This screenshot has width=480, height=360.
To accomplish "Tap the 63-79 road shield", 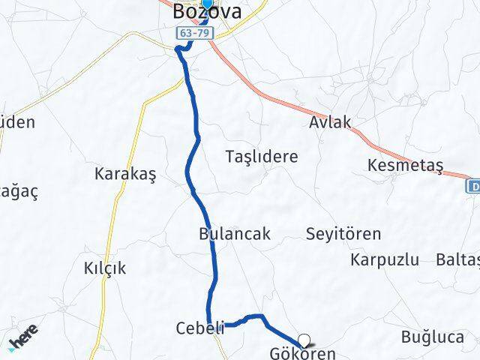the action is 195,34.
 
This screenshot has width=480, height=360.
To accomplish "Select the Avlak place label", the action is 330,122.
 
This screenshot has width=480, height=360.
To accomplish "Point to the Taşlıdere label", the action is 262,157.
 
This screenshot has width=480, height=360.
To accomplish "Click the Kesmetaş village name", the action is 406,164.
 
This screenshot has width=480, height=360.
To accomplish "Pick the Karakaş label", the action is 124,174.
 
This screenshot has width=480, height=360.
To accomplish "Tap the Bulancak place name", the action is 235,233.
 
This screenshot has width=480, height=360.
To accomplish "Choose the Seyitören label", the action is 343,233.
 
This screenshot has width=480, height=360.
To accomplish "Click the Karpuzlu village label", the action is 384,260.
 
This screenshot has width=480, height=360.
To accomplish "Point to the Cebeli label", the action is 199,328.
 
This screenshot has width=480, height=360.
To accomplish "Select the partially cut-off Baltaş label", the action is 457,260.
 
